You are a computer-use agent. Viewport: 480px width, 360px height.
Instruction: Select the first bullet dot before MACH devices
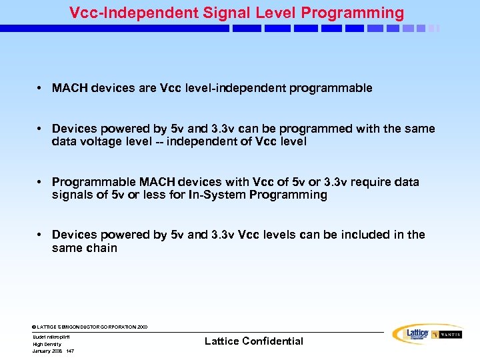point(41,88)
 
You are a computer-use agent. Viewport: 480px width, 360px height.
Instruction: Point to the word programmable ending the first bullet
point(331,88)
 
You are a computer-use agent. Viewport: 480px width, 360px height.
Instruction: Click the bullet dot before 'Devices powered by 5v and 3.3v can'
point(41,128)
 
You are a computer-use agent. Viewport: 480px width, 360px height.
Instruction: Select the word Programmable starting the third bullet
point(93,181)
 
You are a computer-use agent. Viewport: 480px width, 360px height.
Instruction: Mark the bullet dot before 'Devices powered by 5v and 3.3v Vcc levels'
point(41,235)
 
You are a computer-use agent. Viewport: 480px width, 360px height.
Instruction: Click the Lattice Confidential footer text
point(253,341)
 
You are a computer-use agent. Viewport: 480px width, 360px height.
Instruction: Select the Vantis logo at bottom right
point(447,335)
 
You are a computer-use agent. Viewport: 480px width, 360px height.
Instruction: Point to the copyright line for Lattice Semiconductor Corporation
point(90,327)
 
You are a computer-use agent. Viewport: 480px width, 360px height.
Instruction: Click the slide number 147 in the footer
point(70,351)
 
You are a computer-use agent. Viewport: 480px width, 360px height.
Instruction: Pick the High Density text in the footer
point(47,344)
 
